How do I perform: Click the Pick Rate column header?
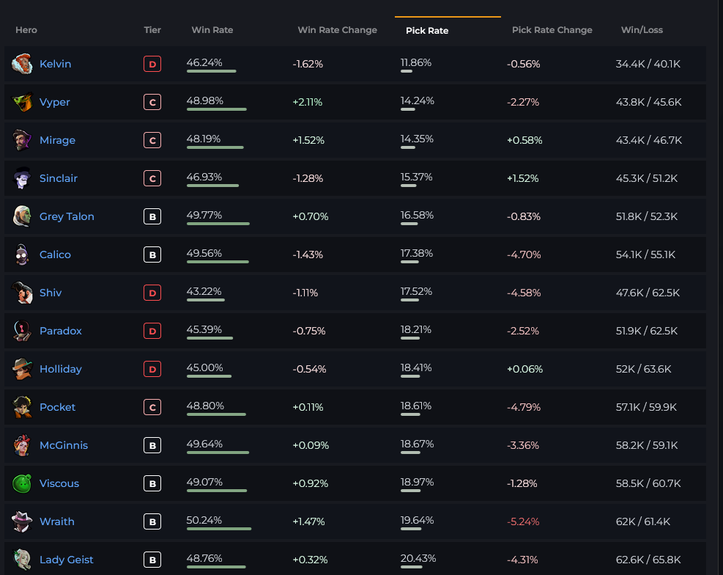coord(427,31)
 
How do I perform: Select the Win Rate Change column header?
coord(337,30)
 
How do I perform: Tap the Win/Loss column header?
coord(642,30)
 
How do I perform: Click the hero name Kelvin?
coord(56,64)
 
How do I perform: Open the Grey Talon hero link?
coord(67,216)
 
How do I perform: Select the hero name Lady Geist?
coord(67,560)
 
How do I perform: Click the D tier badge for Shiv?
coord(152,293)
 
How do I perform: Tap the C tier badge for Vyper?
coord(152,103)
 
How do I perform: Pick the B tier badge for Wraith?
coord(152,522)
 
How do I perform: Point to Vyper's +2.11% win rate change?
coord(308,102)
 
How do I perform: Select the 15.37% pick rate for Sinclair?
coord(416,177)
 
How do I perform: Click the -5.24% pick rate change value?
coord(523,521)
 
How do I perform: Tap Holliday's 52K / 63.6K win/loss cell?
coord(643,369)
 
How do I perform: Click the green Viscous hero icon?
coord(22,483)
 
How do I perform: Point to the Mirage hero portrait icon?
coord(22,140)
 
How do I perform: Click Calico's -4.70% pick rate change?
coord(523,254)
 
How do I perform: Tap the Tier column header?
coord(152,30)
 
